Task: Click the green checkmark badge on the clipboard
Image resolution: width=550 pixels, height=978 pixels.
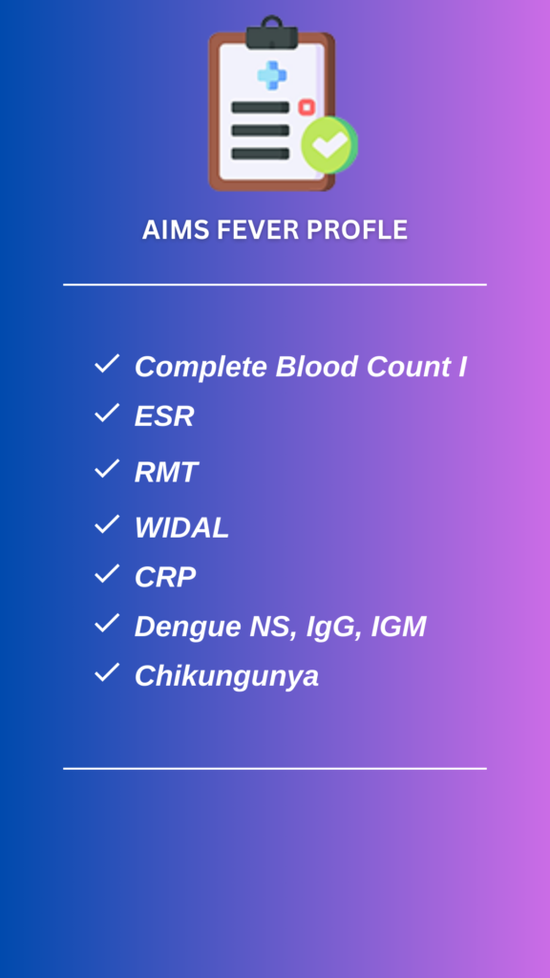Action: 329,144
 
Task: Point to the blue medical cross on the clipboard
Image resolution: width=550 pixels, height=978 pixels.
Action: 272,75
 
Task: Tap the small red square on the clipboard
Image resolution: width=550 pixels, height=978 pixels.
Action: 307,107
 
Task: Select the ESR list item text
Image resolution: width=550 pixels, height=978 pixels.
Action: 164,416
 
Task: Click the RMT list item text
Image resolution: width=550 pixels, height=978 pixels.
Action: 166,472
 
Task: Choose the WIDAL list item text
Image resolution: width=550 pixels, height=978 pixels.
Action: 182,528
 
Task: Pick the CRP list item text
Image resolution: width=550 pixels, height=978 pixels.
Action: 165,577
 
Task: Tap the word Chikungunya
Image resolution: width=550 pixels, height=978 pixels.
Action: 227,676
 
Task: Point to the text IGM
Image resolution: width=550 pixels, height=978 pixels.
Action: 398,627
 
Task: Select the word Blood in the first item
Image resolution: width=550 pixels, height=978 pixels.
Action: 317,366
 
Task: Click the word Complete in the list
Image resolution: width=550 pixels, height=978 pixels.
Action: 202,367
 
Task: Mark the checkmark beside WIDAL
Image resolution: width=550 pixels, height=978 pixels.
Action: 107,524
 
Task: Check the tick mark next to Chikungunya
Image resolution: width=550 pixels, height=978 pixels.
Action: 107,672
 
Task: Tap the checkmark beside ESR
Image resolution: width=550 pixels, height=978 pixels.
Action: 107,413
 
